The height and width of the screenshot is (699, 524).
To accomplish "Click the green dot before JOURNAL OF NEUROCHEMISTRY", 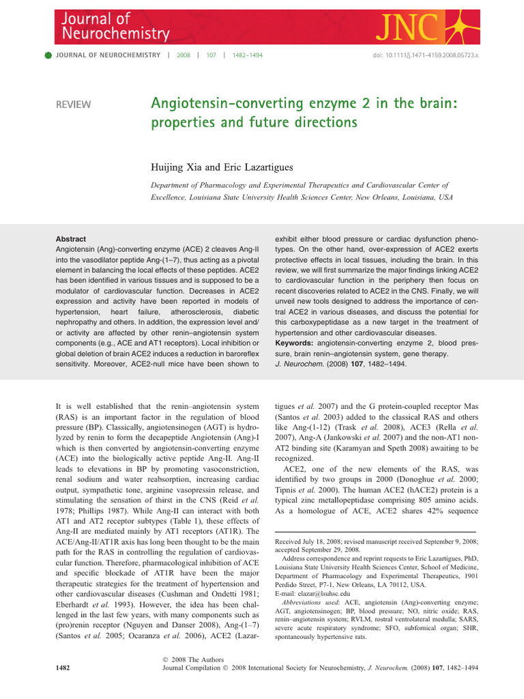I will point(48,55).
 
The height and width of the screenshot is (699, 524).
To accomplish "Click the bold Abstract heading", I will point(72,240).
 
